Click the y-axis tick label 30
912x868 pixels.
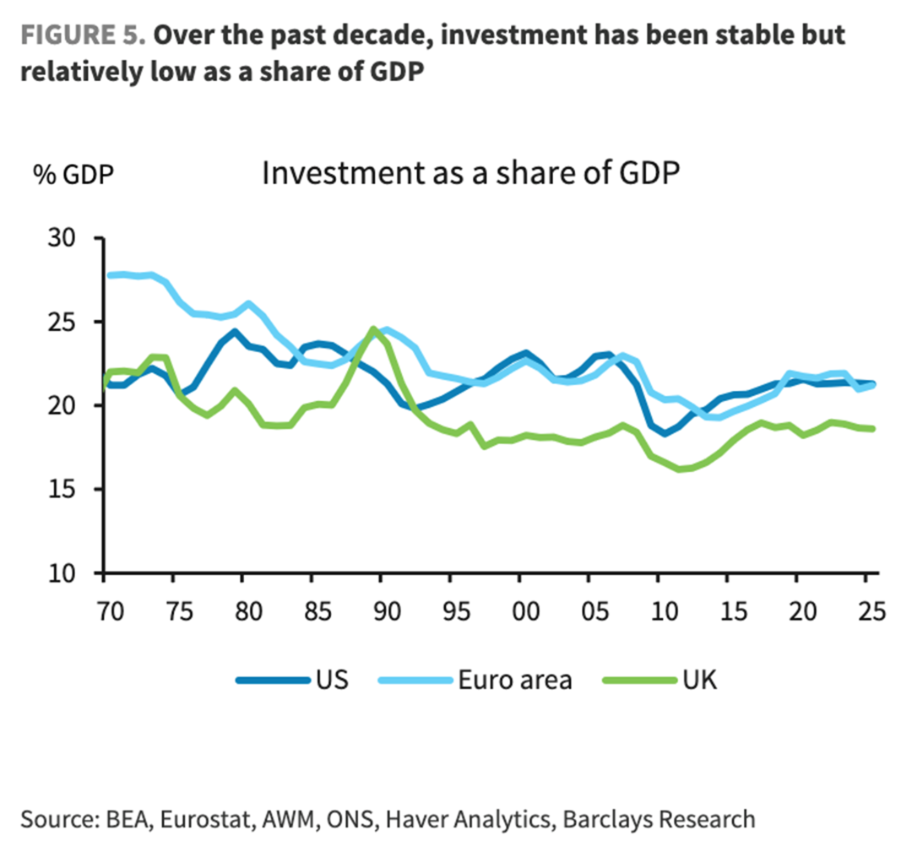pos(62,239)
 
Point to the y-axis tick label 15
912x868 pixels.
pos(62,490)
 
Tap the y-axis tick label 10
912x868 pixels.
pos(62,573)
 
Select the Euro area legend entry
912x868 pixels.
pos(514,680)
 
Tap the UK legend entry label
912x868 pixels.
pos(699,680)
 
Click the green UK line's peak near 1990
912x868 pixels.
pos(373,328)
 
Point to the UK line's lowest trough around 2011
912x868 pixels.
pos(681,469)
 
